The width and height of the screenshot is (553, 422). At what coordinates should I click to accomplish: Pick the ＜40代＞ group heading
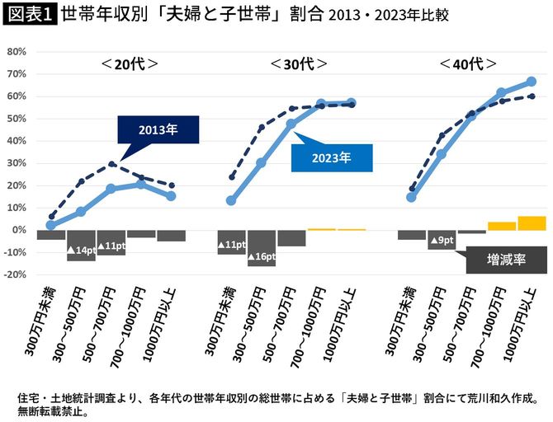(x=468, y=63)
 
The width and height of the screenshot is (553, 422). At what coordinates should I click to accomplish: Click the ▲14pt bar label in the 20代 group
(x=81, y=250)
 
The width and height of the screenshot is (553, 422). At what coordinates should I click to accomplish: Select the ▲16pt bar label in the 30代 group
(x=262, y=257)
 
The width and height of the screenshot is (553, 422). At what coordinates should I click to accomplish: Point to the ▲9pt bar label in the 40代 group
(x=442, y=241)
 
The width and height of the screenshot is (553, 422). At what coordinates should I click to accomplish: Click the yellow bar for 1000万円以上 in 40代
(x=532, y=223)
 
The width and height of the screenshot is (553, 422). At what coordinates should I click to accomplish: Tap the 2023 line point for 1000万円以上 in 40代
(x=532, y=82)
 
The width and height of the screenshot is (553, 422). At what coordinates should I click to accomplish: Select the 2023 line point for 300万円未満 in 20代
(x=50, y=225)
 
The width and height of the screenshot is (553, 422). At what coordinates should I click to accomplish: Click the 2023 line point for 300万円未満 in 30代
(x=231, y=200)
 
